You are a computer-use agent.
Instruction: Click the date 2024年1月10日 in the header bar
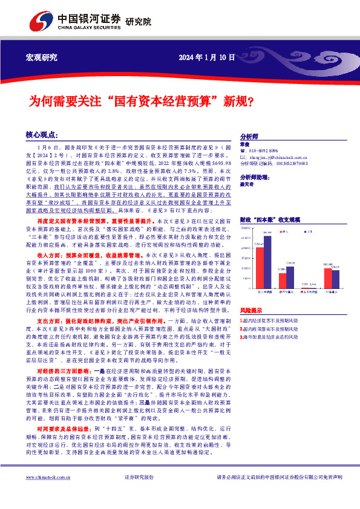(207, 57)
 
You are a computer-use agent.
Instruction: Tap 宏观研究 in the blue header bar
(42, 57)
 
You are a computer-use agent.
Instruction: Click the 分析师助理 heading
(256, 177)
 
